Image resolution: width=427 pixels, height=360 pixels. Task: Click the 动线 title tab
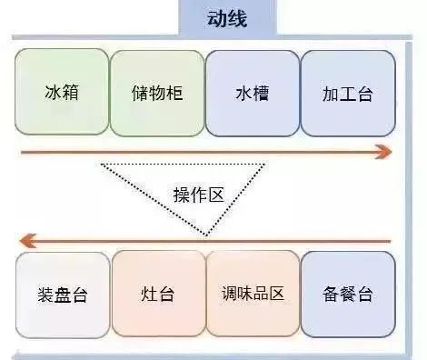coord(214,17)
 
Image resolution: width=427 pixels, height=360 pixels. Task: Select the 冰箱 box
coord(62,93)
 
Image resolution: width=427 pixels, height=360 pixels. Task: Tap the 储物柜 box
coord(156,93)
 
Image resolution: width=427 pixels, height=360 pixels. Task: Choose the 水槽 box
coord(252,93)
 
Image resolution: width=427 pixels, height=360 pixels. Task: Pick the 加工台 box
coord(347,93)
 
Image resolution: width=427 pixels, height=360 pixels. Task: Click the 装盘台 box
coord(62,295)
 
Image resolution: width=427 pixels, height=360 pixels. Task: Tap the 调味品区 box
coord(253,295)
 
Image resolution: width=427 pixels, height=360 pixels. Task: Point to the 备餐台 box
coord(348,295)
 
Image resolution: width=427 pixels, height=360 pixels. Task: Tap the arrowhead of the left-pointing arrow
coord(28,241)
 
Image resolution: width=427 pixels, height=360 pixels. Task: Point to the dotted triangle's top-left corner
coord(101,164)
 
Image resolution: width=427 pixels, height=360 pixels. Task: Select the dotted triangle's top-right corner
coord(265,164)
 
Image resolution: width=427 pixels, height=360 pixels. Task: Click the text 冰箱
coord(62,93)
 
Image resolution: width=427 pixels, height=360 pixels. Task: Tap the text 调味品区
coord(253,295)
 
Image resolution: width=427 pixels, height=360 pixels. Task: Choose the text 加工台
coord(347,93)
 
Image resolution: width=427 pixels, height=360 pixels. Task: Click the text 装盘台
coord(62,295)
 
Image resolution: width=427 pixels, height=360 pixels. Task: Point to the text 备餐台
coord(348,295)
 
